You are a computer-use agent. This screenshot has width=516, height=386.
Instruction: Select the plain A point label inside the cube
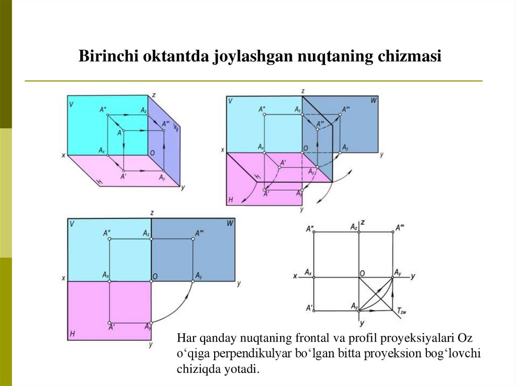pyautogui.click(x=120, y=132)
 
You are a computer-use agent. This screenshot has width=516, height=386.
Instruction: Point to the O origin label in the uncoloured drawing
pyautogui.click(x=362, y=273)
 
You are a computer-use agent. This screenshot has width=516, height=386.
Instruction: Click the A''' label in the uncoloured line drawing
pyautogui.click(x=401, y=227)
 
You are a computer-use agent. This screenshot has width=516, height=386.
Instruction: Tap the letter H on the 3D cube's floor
pyautogui.click(x=100, y=180)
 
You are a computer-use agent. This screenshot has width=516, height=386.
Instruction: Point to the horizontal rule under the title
pyautogui.click(x=253, y=81)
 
